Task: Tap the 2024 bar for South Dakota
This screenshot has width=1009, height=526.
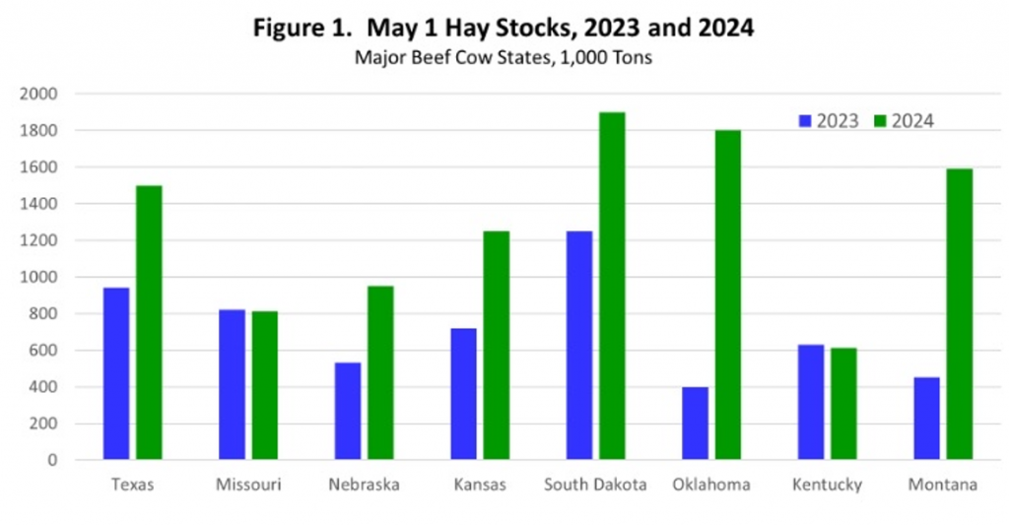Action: [x=612, y=286]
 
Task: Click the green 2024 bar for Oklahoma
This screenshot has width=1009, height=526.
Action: [x=728, y=295]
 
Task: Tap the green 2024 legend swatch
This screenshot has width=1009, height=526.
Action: [x=879, y=121]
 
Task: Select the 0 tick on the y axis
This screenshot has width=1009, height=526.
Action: [x=51, y=460]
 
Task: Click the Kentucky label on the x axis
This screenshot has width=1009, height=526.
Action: [x=828, y=485]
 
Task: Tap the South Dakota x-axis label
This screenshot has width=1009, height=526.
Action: [x=596, y=485]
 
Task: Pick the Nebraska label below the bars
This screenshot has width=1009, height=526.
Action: [x=364, y=485]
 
